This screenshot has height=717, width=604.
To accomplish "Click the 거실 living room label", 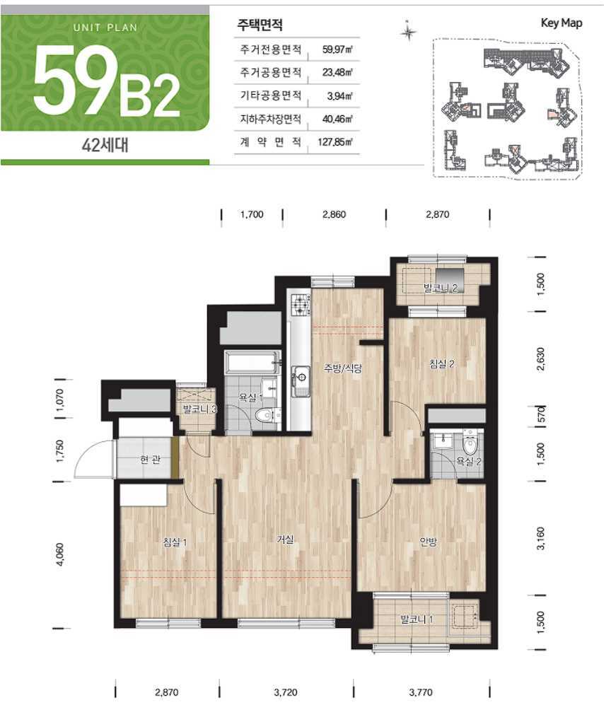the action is pyautogui.click(x=285, y=540).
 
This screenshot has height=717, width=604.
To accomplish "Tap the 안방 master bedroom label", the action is pyautogui.click(x=429, y=542).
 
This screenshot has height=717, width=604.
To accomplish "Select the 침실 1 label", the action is pyautogui.click(x=175, y=543).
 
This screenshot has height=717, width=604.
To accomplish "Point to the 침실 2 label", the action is pyautogui.click(x=441, y=364).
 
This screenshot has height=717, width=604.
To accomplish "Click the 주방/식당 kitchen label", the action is pyautogui.click(x=342, y=368).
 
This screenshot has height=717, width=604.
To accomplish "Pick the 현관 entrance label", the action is pyautogui.click(x=150, y=460).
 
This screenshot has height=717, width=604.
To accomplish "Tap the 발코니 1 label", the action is pyautogui.click(x=417, y=619).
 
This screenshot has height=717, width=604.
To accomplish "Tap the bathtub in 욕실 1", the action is pyautogui.click(x=252, y=362).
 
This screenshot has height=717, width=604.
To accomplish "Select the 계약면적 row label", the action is pyautogui.click(x=270, y=141).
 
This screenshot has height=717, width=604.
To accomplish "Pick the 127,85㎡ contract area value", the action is pyautogui.click(x=335, y=142).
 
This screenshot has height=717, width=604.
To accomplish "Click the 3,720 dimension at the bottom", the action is pyautogui.click(x=286, y=692).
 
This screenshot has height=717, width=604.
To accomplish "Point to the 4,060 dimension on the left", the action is pyautogui.click(x=59, y=554).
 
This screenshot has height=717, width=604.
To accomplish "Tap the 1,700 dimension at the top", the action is pyautogui.click(x=252, y=214).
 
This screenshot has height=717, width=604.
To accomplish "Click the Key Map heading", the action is pyautogui.click(x=562, y=23).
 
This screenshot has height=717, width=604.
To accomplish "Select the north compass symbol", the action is pyautogui.click(x=407, y=32).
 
